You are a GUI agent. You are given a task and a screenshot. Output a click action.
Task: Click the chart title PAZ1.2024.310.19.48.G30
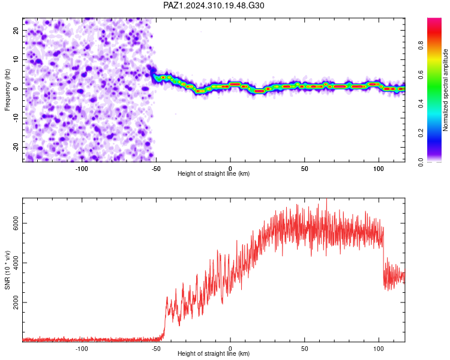(214, 5)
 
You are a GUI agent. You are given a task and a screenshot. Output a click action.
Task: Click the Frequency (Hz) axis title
(7, 90)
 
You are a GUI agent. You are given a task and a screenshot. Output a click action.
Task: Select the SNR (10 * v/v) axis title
(7, 270)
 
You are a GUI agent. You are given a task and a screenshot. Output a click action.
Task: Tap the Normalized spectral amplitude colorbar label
(445, 90)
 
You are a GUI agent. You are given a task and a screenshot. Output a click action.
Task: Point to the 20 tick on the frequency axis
(16, 30)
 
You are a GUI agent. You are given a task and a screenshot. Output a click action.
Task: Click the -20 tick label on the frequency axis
(16, 147)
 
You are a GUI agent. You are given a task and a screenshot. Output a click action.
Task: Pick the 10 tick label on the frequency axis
(16, 59)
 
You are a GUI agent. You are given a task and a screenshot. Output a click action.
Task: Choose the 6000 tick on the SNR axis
(16, 223)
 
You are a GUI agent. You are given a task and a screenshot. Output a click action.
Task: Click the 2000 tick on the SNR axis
(16, 302)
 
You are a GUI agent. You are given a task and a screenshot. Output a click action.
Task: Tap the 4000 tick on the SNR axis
(16, 263)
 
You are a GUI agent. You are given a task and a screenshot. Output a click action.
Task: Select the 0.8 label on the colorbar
(421, 46)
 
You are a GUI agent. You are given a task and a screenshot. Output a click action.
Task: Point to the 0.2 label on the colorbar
(421, 133)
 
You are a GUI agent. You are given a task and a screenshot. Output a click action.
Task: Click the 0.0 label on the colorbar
(421, 162)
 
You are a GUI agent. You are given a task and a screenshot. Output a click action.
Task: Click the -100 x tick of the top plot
(82, 169)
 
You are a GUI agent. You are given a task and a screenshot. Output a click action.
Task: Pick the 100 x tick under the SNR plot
(379, 349)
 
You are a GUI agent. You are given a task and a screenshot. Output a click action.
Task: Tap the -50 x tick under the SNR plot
(156, 349)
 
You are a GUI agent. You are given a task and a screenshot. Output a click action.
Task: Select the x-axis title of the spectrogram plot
(214, 173)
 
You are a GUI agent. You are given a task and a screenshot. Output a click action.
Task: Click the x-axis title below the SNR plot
(214, 353)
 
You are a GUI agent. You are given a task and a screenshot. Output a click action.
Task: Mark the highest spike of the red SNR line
(326, 199)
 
